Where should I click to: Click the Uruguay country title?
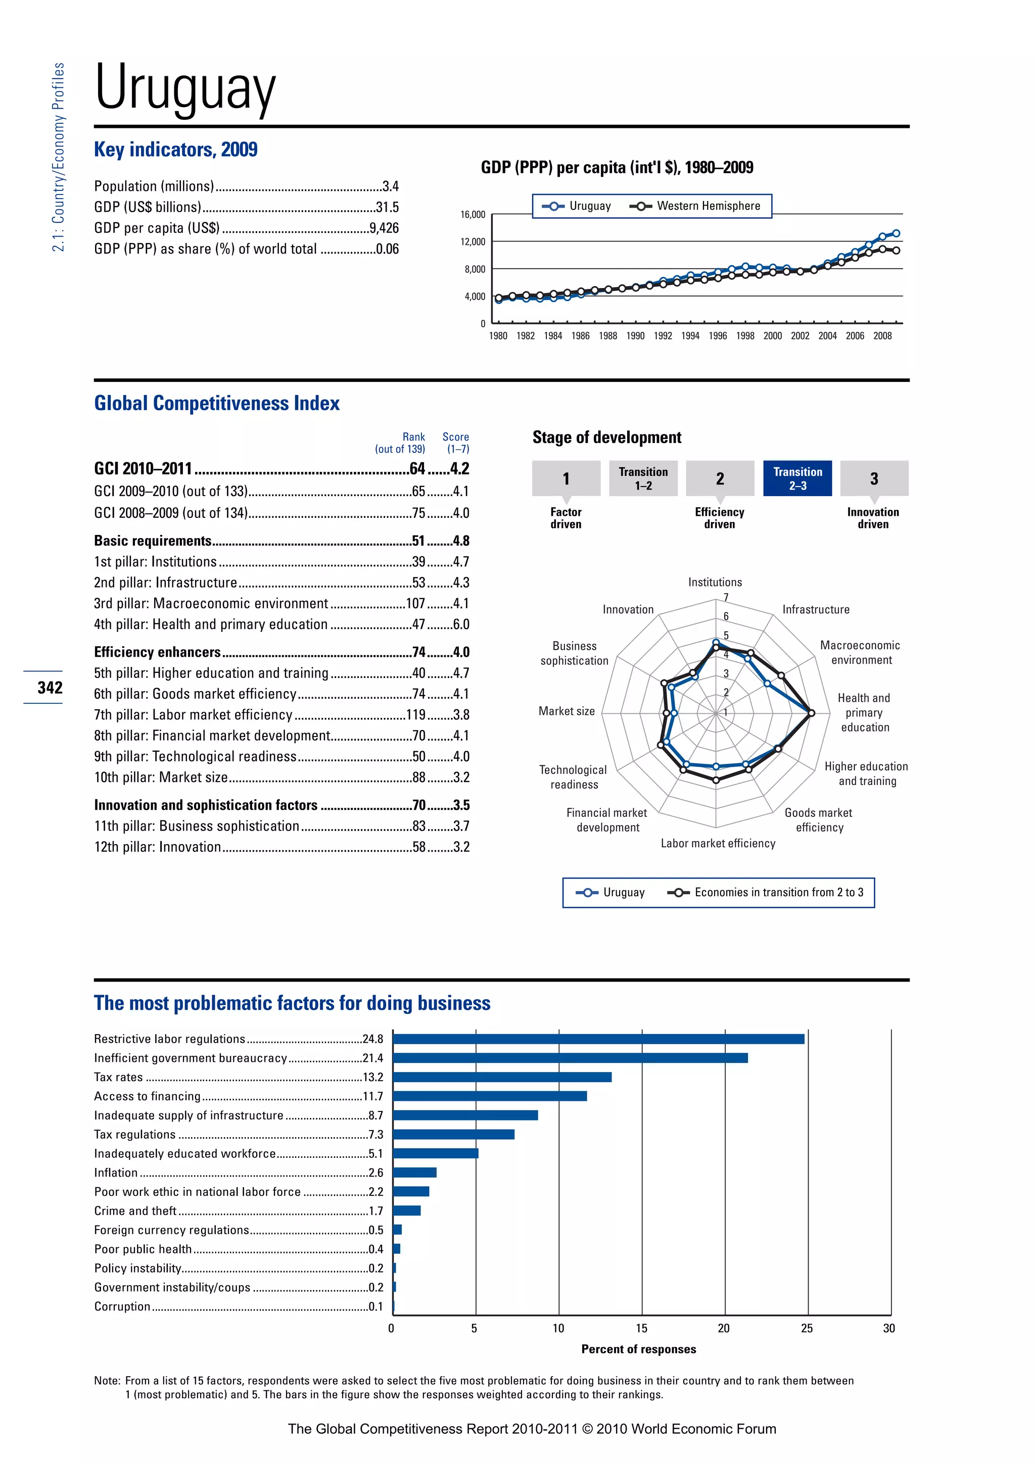(x=185, y=88)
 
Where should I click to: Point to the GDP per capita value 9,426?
(x=384, y=228)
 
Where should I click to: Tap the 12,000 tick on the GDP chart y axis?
(x=473, y=242)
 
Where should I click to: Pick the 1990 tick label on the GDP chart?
(x=635, y=336)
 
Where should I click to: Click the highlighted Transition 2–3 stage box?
(x=797, y=478)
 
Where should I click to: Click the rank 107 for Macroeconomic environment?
(x=415, y=603)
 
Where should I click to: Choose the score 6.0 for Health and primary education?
(x=461, y=624)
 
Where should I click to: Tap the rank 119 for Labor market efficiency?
(x=415, y=715)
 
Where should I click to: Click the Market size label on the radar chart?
(x=566, y=711)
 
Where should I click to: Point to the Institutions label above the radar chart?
(x=715, y=582)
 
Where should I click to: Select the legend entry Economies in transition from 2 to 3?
(x=778, y=892)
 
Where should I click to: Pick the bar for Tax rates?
(x=502, y=1078)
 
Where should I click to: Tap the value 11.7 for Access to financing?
(x=373, y=1097)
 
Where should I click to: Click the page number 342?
(x=50, y=688)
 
